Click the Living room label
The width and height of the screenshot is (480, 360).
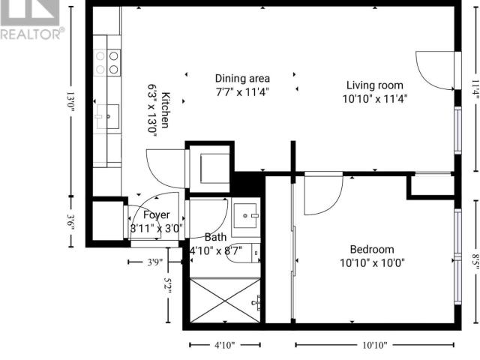(x=375, y=85)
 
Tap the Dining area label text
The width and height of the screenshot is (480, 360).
(x=242, y=79)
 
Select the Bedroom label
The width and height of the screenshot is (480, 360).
(x=372, y=250)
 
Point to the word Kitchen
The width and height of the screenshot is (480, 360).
(x=166, y=109)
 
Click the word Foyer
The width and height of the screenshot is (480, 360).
(x=157, y=215)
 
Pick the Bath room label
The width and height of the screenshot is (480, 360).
(x=215, y=237)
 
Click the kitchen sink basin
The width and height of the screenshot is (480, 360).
(x=108, y=117)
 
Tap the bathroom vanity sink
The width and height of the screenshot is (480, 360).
(x=246, y=215)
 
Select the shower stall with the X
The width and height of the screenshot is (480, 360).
(x=225, y=300)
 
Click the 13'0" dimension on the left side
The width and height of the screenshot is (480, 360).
(x=70, y=103)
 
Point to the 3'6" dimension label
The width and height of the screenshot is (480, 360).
(x=70, y=222)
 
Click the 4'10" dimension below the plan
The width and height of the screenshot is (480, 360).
(x=224, y=345)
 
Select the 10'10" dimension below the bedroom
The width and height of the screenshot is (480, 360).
(x=375, y=345)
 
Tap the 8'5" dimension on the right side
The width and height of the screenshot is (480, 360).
(x=475, y=262)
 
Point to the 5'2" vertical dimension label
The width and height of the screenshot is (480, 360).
(x=168, y=285)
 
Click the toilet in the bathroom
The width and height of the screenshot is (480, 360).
(x=243, y=253)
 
